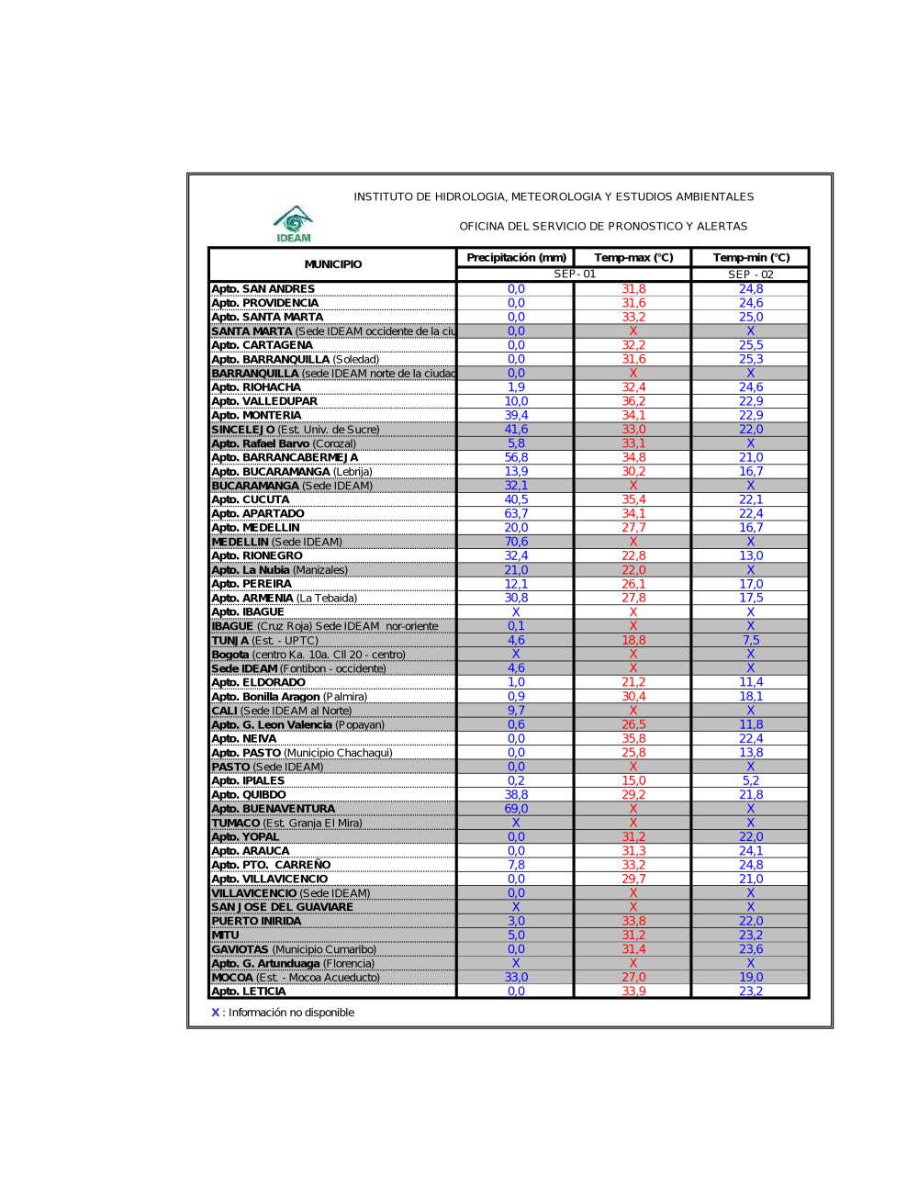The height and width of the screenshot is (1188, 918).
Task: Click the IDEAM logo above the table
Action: pos(293,223)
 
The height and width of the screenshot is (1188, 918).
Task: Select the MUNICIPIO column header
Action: pos(332,264)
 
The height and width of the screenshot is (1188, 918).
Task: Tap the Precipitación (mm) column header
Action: pos(516,258)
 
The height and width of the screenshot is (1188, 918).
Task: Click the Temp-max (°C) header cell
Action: pos(633,258)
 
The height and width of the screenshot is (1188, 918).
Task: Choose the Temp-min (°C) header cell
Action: pos(751,258)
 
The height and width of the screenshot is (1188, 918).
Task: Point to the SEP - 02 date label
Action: pos(751,275)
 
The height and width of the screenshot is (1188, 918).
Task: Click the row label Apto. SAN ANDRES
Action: pos(263,289)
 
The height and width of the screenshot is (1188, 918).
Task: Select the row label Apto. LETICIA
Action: pos(249,992)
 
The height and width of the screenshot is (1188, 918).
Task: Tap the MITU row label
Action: pos(225,936)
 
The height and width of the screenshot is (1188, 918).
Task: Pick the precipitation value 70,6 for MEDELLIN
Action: pos(516,542)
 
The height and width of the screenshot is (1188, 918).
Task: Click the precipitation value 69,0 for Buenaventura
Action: pos(516,809)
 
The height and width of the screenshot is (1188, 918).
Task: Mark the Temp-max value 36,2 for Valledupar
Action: pos(633,401)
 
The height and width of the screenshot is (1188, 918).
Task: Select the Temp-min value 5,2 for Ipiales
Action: pos(751,780)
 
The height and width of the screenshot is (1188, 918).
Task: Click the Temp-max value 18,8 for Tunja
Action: pos(633,640)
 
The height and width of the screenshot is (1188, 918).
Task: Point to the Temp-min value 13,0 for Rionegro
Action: pos(751,555)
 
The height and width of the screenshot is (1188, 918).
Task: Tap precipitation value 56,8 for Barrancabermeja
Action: pos(516,457)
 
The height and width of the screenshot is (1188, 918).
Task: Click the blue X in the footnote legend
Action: pos(216,1013)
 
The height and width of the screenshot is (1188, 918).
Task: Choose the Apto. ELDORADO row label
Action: pos(259,682)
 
